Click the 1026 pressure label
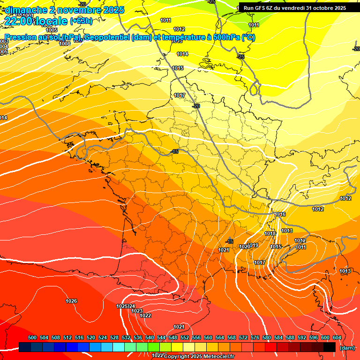(x=71, y=301)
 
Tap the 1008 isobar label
(x=65, y=44)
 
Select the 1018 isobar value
(x=270, y=233)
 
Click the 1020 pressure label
(x=244, y=247)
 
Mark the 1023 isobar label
(x=137, y=311)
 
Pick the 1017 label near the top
(x=180, y=96)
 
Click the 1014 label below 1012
(x=182, y=54)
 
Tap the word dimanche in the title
(x=26, y=9)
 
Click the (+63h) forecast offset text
(x=81, y=21)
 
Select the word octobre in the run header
(x=320, y=7)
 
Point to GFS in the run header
(x=261, y=7)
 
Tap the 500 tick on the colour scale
(x=32, y=337)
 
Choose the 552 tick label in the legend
(x=185, y=337)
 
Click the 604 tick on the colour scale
(x=337, y=337)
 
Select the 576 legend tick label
(x=255, y=337)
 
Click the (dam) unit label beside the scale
(x=347, y=348)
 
